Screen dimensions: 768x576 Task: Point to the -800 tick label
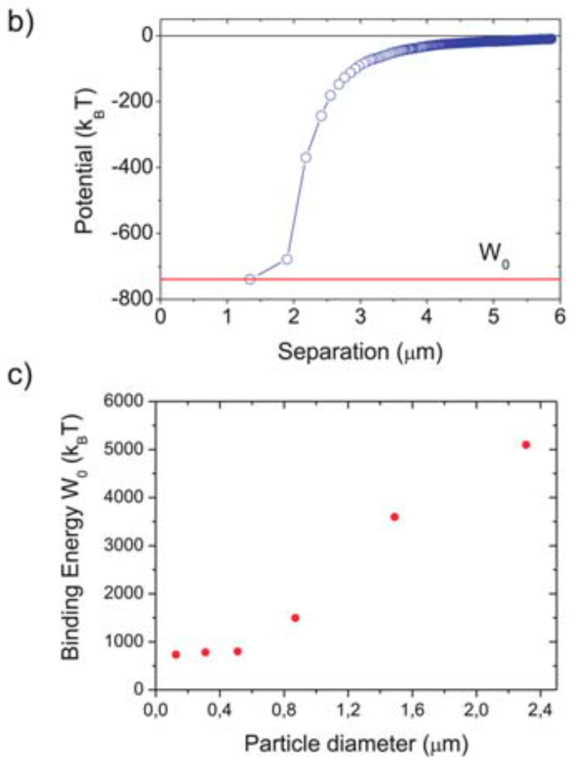click(132, 299)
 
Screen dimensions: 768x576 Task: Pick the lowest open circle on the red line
click(250, 279)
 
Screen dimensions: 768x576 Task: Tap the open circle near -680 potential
click(287, 259)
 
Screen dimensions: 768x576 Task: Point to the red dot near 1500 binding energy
click(296, 618)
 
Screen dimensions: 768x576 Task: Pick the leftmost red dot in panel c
click(176, 654)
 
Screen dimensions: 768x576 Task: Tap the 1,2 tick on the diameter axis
click(352, 711)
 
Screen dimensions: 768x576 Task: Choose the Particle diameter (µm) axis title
click(356, 744)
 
